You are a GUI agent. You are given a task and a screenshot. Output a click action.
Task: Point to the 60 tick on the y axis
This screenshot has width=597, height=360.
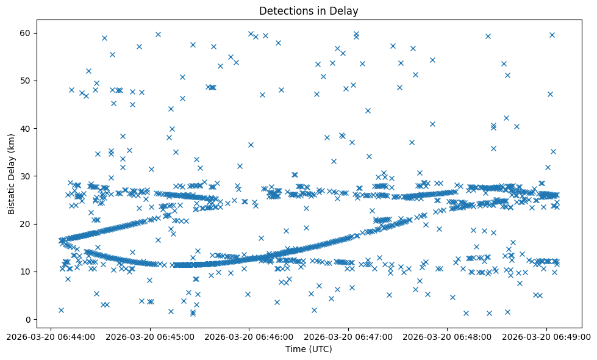[x=27, y=33]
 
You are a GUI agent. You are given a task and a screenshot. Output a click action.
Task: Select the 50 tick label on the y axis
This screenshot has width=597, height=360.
[x=27, y=81]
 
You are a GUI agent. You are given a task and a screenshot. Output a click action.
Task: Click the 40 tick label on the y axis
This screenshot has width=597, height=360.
[x=27, y=128]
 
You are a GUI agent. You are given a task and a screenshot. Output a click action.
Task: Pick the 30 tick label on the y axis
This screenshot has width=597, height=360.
[x=27, y=176]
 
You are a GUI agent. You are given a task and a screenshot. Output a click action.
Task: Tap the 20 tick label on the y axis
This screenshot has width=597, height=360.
[x=27, y=224]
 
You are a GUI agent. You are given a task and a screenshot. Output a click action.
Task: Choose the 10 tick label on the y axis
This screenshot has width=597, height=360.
[x=27, y=272]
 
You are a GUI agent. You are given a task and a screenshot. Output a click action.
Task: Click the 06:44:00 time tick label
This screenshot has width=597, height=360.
[x=51, y=335]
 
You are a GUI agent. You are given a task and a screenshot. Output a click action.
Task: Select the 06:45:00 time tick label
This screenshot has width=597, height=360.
[x=150, y=335]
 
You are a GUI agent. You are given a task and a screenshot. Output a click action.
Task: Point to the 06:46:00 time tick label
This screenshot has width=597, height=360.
[x=249, y=335]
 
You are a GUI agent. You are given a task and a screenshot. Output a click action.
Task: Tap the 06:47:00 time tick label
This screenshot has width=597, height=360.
[x=349, y=335]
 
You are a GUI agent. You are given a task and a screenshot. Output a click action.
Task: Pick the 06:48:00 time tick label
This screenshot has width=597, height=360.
[x=448, y=335]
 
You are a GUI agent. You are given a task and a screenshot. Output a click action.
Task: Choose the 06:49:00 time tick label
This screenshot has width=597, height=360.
[x=547, y=335]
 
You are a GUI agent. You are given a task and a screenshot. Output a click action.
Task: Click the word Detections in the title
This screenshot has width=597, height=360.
[x=283, y=10]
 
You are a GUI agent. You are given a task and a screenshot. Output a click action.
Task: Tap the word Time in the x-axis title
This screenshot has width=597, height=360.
[x=296, y=349]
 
